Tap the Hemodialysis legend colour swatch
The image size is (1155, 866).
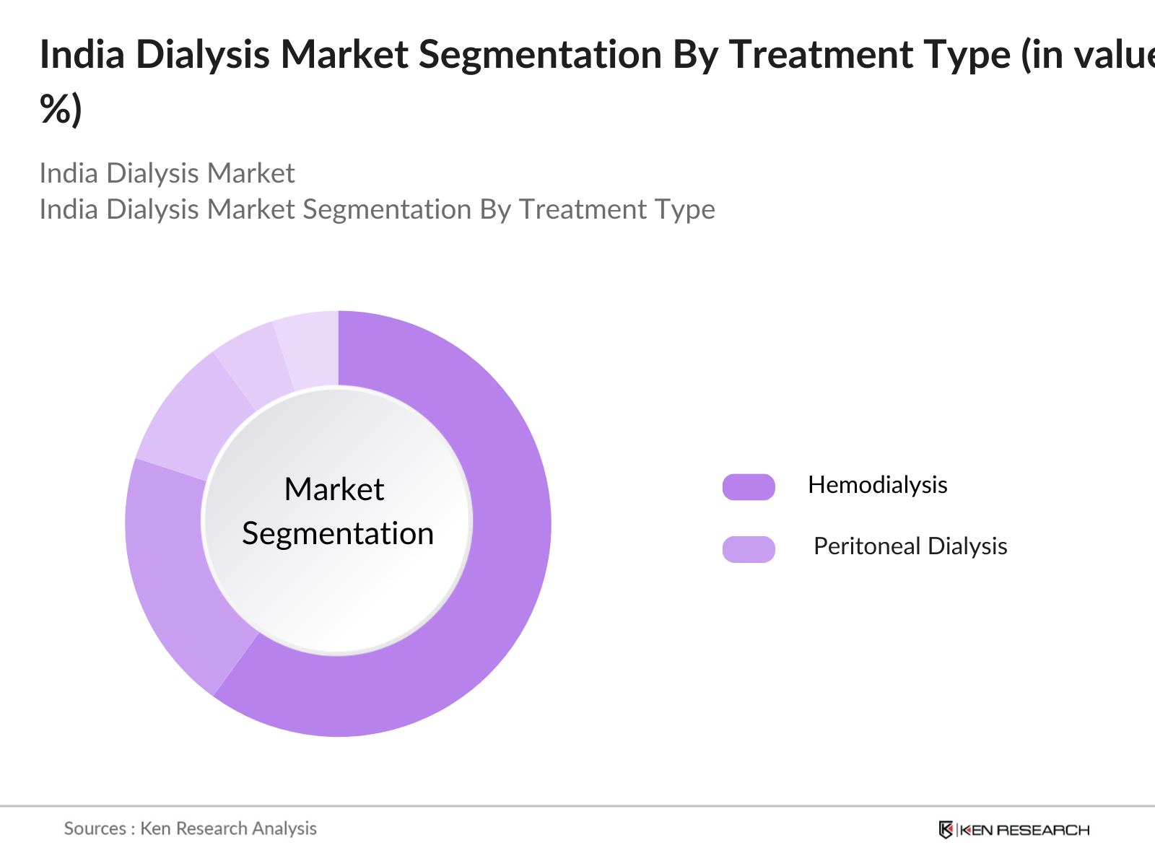[749, 487]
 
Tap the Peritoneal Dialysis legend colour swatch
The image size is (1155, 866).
[749, 549]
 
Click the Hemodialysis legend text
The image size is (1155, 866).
[877, 485]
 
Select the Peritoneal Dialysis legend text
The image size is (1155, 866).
[910, 546]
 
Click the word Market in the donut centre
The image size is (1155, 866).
[334, 489]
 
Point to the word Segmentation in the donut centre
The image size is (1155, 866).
[338, 534]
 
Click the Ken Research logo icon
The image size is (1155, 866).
[946, 829]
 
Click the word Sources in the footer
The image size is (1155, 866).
[95, 828]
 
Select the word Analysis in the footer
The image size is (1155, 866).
[284, 828]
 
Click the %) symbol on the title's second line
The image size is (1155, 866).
[61, 110]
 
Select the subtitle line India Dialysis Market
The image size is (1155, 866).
[167, 173]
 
